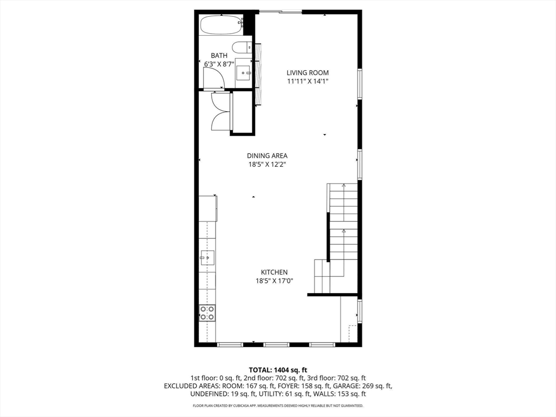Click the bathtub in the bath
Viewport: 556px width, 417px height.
pyautogui.click(x=220, y=25)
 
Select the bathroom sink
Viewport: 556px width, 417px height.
pyautogui.click(x=244, y=70)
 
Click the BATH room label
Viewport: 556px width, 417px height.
pyautogui.click(x=219, y=55)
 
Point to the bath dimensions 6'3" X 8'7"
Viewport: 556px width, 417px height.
pyautogui.click(x=219, y=64)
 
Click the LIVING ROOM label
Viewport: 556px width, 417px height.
pyautogui.click(x=308, y=73)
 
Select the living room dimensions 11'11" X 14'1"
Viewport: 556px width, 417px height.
pyautogui.click(x=308, y=81)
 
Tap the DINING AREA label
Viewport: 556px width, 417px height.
pyautogui.click(x=267, y=156)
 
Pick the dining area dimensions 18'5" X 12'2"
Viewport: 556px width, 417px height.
pyautogui.click(x=267, y=165)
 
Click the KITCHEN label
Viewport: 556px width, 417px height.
pyautogui.click(x=274, y=273)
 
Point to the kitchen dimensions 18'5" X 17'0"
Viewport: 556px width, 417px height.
pyautogui.click(x=274, y=281)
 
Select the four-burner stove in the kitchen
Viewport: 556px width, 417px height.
pyautogui.click(x=207, y=312)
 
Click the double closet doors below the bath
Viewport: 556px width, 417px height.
pyautogui.click(x=222, y=111)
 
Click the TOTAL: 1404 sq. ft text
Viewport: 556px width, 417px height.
pyautogui.click(x=278, y=369)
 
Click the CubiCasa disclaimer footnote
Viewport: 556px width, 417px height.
pyautogui.click(x=278, y=406)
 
